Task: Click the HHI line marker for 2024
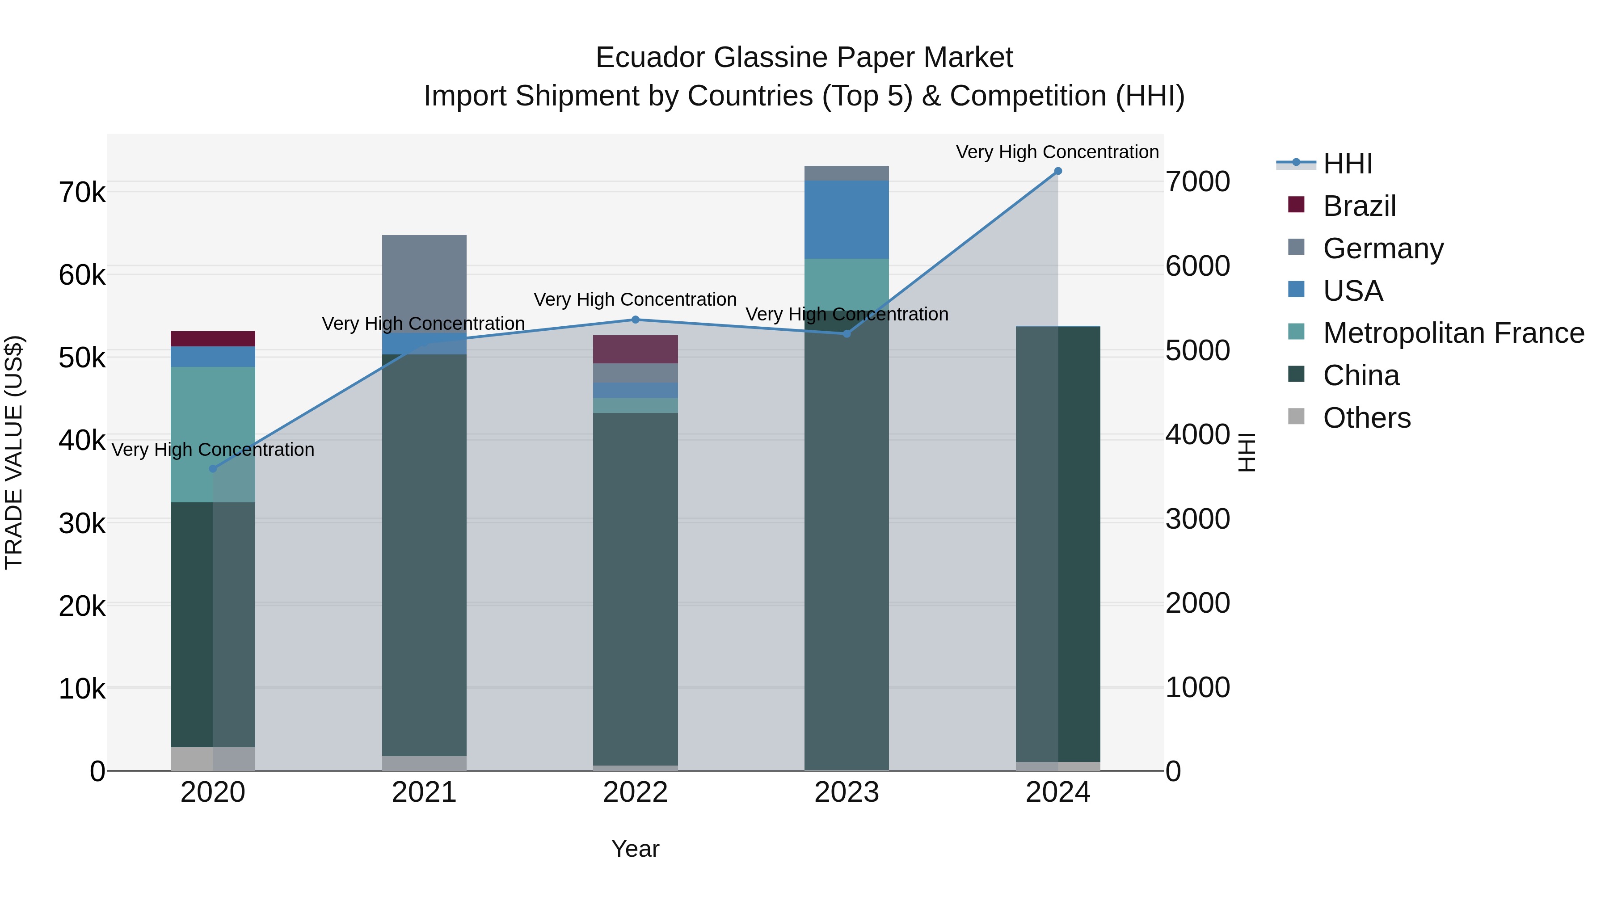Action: pos(1057,171)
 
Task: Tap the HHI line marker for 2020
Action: pos(213,468)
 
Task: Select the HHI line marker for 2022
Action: pos(635,320)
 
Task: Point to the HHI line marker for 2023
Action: pos(847,333)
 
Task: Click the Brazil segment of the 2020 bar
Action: pos(213,338)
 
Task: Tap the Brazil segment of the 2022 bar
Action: pos(635,349)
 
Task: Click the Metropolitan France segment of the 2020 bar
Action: pos(213,434)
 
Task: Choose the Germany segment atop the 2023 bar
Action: pos(847,173)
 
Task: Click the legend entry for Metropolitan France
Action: pos(1453,333)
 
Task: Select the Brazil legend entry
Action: pos(1359,206)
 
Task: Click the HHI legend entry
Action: pos(1347,164)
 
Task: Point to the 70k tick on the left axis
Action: pos(82,192)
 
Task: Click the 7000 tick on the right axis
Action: pos(1197,182)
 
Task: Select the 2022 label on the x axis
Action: pos(635,792)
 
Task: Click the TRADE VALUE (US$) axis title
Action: pos(14,452)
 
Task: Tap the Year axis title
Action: pos(635,849)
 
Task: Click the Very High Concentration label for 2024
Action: pos(1057,152)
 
